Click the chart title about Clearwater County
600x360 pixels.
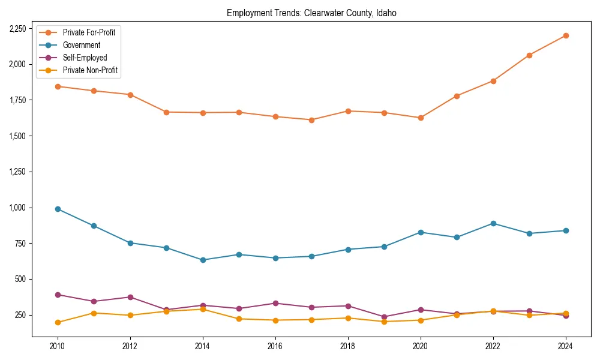(x=311, y=13)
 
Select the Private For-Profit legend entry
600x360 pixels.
(x=89, y=32)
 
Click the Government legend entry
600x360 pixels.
(x=81, y=45)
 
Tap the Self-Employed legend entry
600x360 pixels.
(x=85, y=58)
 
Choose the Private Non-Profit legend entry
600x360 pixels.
(x=90, y=70)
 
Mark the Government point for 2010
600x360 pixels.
(x=58, y=209)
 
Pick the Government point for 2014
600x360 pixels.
(x=203, y=260)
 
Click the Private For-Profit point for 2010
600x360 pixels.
(x=58, y=86)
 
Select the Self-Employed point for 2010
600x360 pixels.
(x=58, y=295)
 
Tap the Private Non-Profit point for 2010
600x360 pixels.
(x=58, y=322)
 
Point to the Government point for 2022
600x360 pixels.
(x=493, y=223)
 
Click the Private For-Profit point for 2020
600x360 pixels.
(x=421, y=118)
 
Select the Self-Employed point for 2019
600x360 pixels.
(x=384, y=317)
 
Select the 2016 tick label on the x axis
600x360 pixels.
(x=275, y=346)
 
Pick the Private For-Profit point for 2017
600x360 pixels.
(x=311, y=120)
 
